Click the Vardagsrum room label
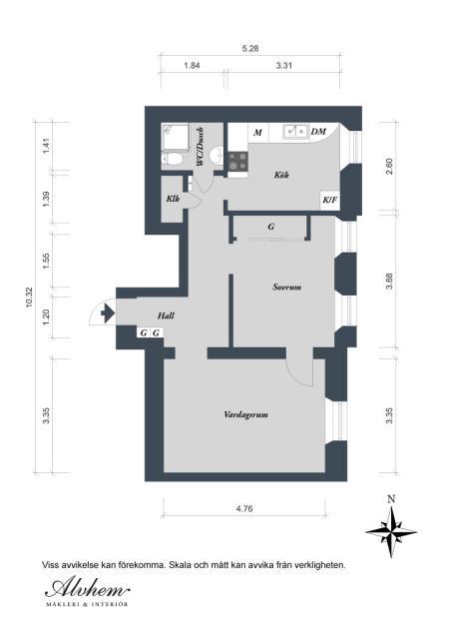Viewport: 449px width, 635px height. (x=245, y=415)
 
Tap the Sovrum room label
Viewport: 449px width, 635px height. (x=286, y=288)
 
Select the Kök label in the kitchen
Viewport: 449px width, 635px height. (x=281, y=175)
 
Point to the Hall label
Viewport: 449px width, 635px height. (x=166, y=316)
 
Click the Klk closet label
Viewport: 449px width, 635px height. (x=173, y=199)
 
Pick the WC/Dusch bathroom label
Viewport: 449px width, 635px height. (x=200, y=147)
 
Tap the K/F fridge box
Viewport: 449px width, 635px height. (x=330, y=200)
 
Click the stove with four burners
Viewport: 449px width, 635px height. (x=237, y=161)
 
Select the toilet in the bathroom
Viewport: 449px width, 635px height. (x=173, y=159)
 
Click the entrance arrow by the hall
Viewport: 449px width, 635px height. (x=107, y=314)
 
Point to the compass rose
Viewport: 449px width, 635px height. (x=391, y=531)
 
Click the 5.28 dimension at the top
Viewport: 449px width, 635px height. (x=250, y=49)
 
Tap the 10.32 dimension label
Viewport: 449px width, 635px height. (x=29, y=298)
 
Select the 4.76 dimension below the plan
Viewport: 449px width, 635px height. (x=244, y=508)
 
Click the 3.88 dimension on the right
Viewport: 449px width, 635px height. (x=389, y=281)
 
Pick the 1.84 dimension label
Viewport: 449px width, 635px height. (x=192, y=65)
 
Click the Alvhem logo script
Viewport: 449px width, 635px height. (x=88, y=588)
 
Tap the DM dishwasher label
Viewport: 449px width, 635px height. (x=318, y=132)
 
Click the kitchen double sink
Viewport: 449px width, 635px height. (x=295, y=131)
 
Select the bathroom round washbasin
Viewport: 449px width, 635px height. (x=217, y=154)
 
